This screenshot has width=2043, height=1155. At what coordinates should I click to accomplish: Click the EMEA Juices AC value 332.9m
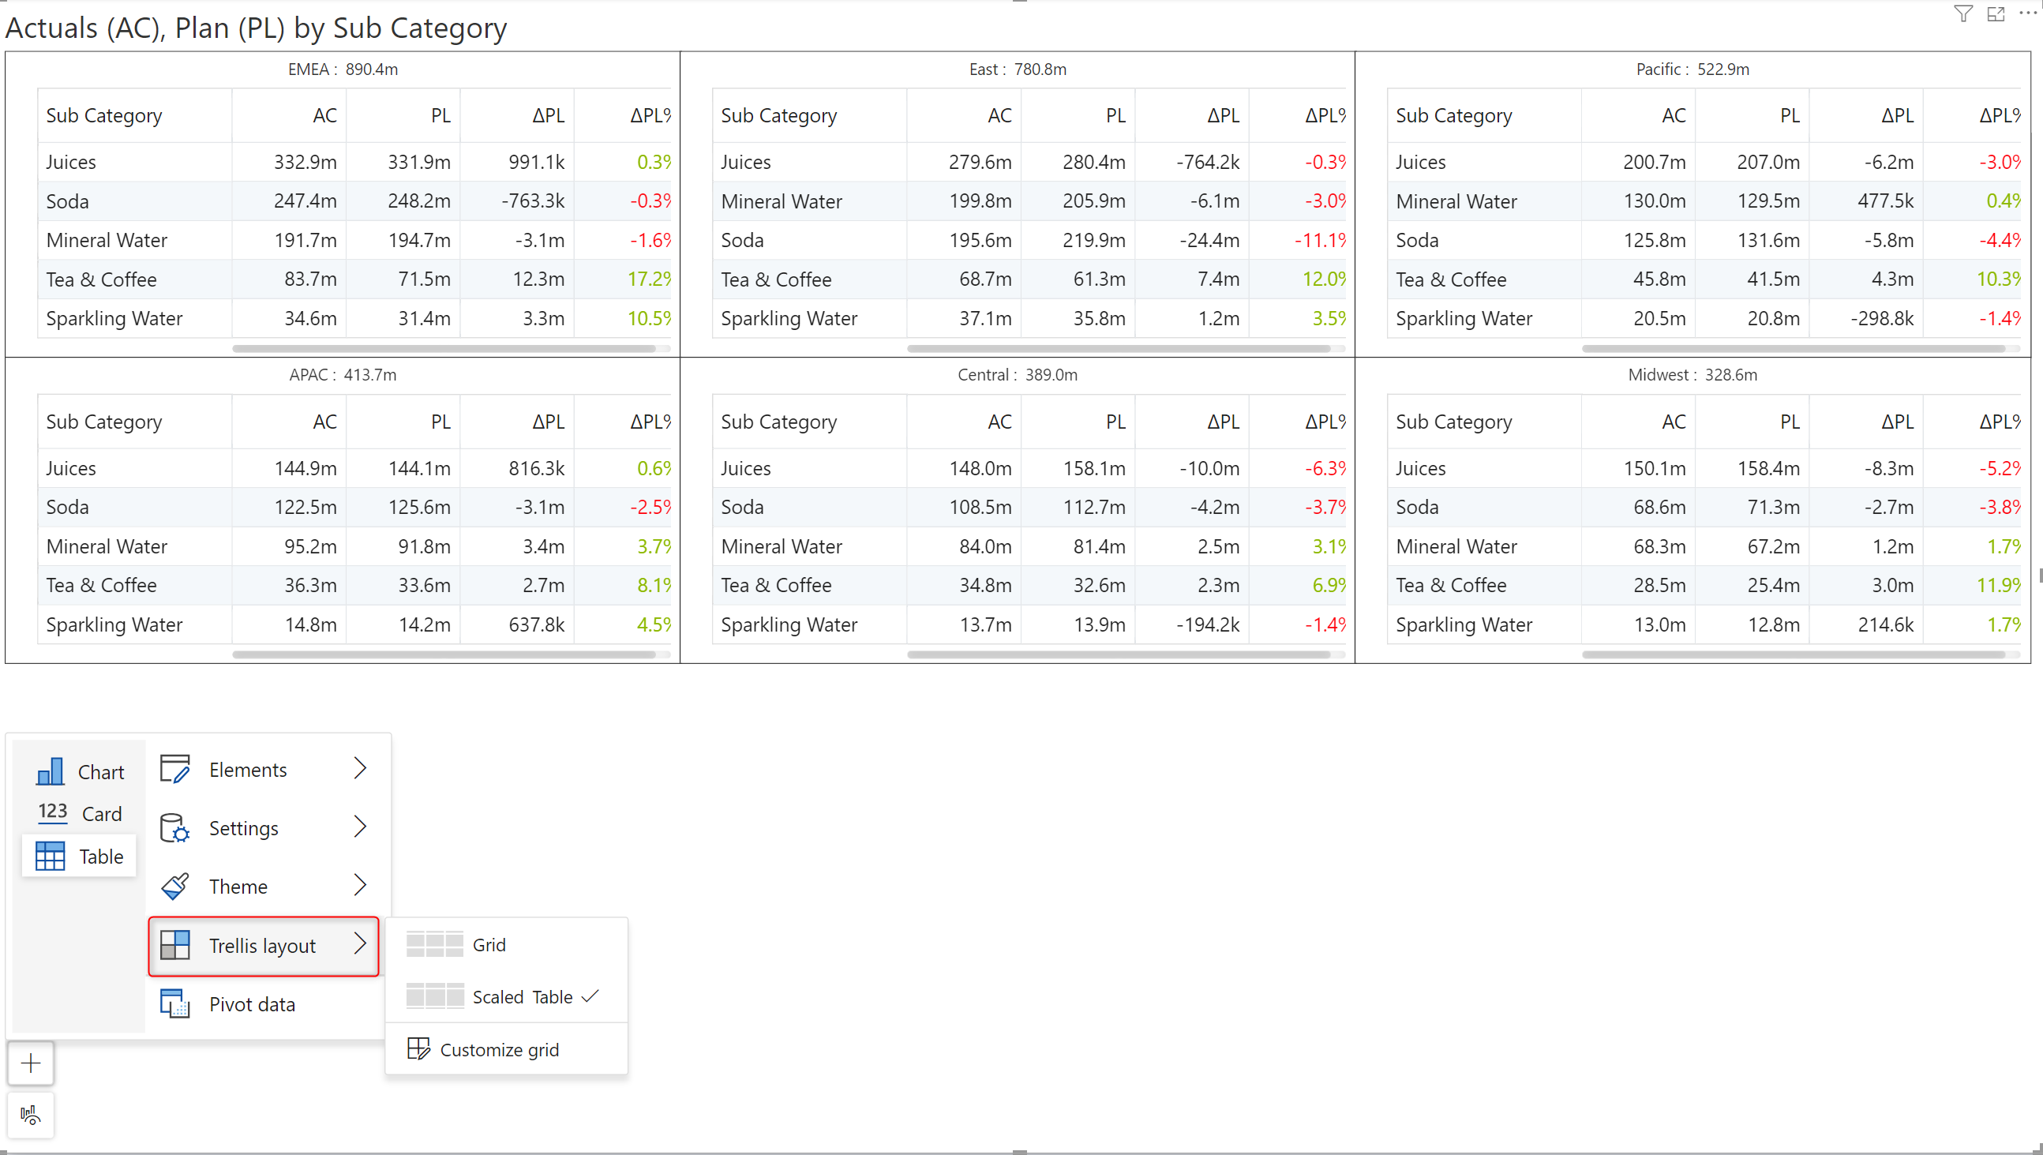(x=306, y=162)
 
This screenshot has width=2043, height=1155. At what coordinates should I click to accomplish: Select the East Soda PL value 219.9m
(x=1093, y=240)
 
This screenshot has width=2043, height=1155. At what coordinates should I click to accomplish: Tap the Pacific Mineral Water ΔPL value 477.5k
(x=1885, y=201)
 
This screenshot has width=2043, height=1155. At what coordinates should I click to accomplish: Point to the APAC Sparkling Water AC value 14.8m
(x=310, y=625)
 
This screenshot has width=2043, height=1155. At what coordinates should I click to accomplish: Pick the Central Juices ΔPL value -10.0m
(x=1209, y=469)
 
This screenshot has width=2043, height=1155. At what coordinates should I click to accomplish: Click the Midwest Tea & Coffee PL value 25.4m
(x=1773, y=586)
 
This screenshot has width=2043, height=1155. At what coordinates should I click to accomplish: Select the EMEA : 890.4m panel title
(x=343, y=69)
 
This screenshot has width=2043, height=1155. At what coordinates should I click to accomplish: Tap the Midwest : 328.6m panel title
(x=1693, y=375)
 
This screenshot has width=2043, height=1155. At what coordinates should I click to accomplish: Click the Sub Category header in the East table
(x=778, y=116)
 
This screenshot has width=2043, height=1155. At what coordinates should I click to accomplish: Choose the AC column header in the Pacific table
(x=1674, y=116)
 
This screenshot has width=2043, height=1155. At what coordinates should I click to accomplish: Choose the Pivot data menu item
(x=252, y=1004)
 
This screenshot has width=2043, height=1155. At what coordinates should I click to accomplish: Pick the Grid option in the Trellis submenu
(x=489, y=945)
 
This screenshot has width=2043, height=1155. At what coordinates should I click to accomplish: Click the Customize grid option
(x=499, y=1049)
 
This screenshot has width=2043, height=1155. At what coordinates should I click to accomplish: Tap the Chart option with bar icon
(x=81, y=772)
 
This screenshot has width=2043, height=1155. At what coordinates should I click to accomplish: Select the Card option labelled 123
(x=81, y=814)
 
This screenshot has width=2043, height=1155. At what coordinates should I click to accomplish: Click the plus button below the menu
(x=31, y=1063)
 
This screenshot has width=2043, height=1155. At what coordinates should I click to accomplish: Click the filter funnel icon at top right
(x=1963, y=14)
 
